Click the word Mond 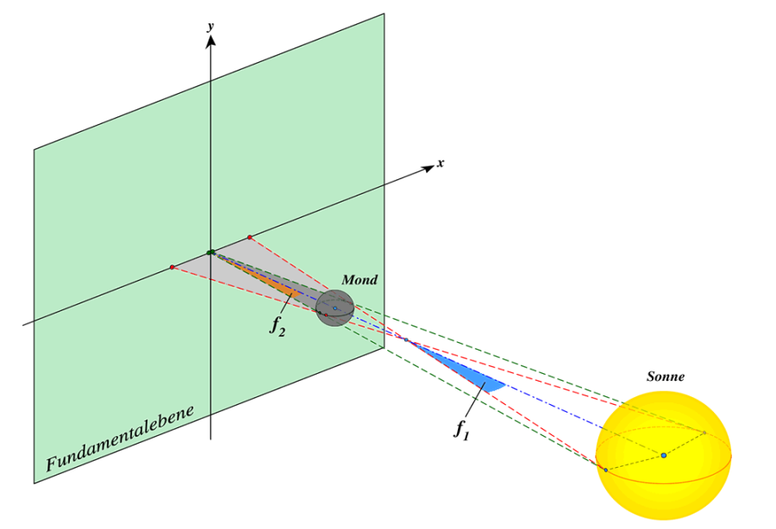(x=360, y=280)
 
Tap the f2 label (x=277, y=326)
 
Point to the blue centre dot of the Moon (x=335, y=308)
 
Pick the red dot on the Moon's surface (x=325, y=314)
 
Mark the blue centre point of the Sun (x=663, y=455)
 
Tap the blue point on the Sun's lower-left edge (x=605, y=470)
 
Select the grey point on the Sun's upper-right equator (x=704, y=433)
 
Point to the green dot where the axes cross (x=210, y=252)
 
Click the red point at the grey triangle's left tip (x=172, y=267)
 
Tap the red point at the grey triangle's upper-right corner (x=250, y=237)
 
